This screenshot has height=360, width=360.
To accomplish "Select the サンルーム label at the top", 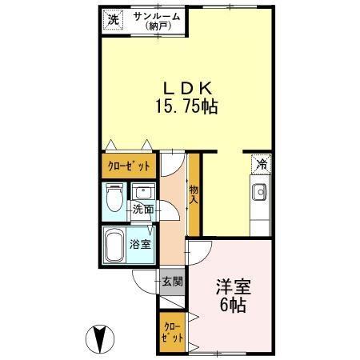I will pyautogui.click(x=157, y=16).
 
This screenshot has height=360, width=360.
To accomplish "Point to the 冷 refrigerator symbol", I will pyautogui.click(x=260, y=164).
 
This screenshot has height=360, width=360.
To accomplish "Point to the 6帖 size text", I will pyautogui.click(x=234, y=305).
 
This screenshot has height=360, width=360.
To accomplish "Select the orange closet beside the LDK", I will pyautogui.click(x=128, y=167).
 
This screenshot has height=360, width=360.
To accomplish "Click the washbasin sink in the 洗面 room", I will pyautogui.click(x=144, y=193).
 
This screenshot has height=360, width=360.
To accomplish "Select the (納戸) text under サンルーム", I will pyautogui.click(x=157, y=26).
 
